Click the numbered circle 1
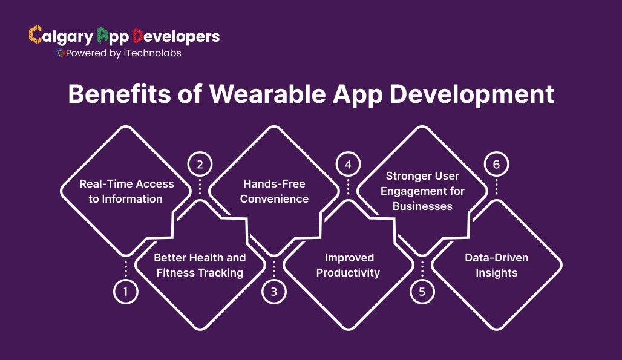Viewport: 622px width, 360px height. pyautogui.click(x=126, y=292)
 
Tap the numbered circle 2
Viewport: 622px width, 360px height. pyautogui.click(x=200, y=164)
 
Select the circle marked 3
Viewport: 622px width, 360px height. pyautogui.click(x=273, y=292)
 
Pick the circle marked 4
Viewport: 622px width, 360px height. pyautogui.click(x=348, y=164)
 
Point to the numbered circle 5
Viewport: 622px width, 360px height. pyautogui.click(x=422, y=292)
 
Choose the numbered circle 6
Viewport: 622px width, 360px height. pyautogui.click(x=496, y=164)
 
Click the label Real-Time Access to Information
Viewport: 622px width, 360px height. pyautogui.click(x=126, y=191)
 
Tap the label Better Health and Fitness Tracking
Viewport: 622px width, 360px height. pyautogui.click(x=200, y=265)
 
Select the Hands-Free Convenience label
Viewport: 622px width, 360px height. pyautogui.click(x=274, y=191)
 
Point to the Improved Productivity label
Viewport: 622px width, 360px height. pyautogui.click(x=348, y=265)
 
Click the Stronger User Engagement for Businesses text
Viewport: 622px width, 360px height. pyautogui.click(x=422, y=191)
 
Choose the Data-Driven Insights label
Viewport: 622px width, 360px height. pyautogui.click(x=496, y=265)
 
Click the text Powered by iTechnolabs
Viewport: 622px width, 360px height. pyautogui.click(x=123, y=53)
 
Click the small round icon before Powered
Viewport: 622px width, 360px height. pyautogui.click(x=60, y=53)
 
